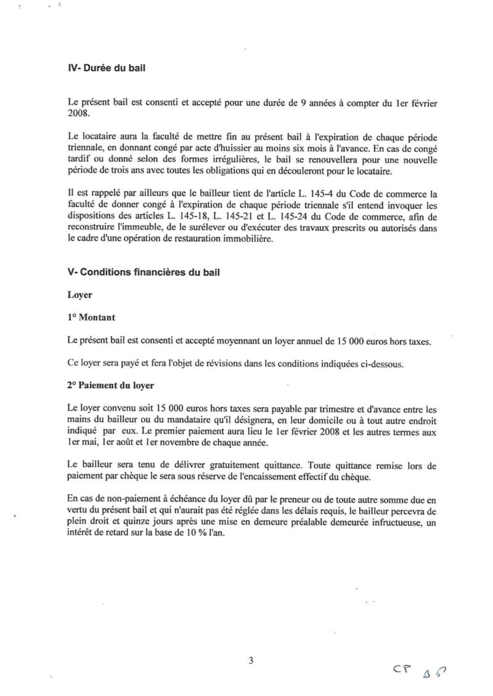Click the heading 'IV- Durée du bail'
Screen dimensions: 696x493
click(105, 70)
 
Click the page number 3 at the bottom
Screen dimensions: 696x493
click(250, 661)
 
